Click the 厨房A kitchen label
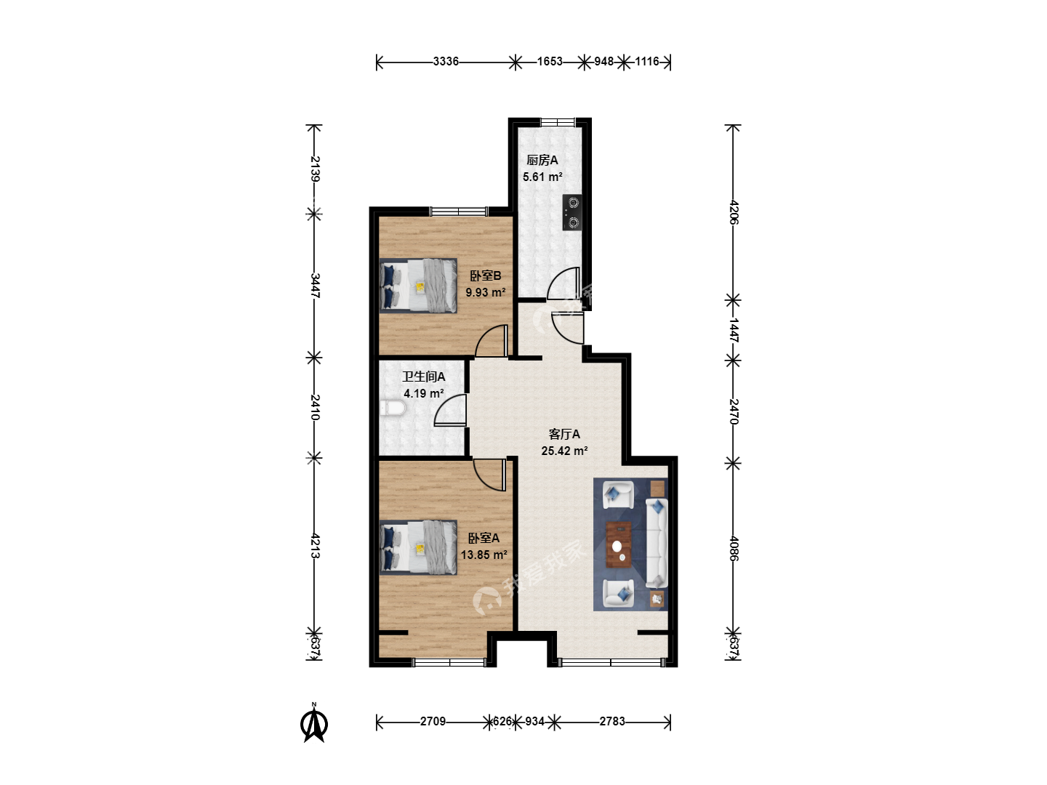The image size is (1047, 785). point(542,160)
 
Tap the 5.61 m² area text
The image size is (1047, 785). point(542,177)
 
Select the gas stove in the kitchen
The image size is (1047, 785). point(572,212)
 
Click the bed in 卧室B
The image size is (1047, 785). point(418,286)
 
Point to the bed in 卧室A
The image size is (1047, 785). point(418,547)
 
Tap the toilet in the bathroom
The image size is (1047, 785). point(393,408)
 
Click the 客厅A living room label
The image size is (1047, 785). point(564,434)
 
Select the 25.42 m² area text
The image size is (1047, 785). point(564,451)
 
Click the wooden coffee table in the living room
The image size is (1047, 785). point(619,545)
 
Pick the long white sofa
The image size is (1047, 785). point(657,543)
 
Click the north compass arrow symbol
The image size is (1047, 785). point(314,724)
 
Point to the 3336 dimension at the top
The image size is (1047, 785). point(446,62)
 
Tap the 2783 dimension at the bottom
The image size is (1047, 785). point(612,722)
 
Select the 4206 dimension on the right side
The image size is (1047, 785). point(734,212)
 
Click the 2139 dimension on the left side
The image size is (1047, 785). point(314,169)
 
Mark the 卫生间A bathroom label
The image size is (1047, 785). point(424,377)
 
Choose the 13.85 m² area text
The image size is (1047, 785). point(484,555)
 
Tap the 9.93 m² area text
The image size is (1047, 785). point(486,292)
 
